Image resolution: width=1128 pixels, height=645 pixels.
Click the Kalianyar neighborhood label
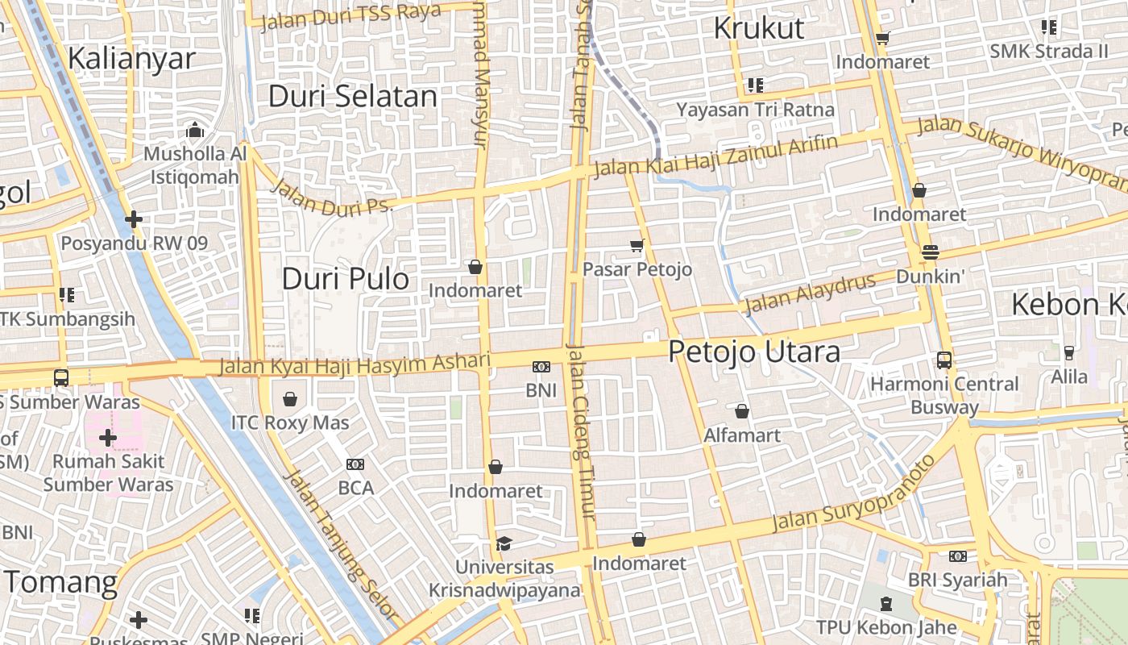131,58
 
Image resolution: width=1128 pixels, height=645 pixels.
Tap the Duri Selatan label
353,96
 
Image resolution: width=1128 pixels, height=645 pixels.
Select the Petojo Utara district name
754,352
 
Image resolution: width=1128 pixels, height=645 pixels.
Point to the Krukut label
759,28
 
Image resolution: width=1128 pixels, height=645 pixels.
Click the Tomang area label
60,582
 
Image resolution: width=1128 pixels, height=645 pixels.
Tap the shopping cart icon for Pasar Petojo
637,245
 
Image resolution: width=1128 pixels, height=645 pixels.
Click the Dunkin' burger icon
930,252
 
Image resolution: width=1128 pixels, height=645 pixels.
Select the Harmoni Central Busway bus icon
944,360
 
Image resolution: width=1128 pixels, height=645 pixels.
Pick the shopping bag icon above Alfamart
742,411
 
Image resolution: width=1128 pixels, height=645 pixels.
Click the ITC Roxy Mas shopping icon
290,399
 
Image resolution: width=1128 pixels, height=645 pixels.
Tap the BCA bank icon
355,464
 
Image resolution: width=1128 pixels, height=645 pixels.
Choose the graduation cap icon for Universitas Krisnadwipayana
504,543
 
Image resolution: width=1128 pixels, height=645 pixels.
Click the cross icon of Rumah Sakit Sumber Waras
108,438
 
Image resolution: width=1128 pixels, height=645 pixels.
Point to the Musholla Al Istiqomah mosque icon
194,130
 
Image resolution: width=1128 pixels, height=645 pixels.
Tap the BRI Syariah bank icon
957,556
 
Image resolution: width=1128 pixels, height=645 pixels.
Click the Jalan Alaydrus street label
809,293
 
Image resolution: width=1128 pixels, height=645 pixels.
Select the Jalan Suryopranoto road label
854,493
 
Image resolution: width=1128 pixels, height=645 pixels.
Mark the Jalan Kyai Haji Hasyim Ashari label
355,365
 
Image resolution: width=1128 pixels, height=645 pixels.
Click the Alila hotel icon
1069,352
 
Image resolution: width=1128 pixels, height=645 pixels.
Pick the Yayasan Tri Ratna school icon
755,85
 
